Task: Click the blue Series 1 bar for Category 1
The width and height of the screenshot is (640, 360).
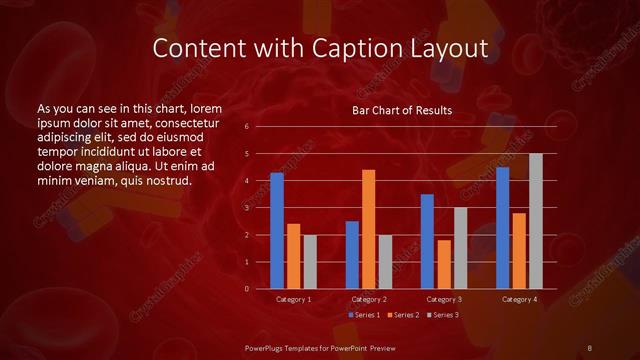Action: (277, 231)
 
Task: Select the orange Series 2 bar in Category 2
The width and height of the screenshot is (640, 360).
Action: (368, 229)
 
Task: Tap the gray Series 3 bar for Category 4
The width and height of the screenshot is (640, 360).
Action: (535, 221)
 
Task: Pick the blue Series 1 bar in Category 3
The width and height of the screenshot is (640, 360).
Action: (427, 241)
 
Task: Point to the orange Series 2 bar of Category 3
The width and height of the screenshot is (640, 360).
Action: (443, 264)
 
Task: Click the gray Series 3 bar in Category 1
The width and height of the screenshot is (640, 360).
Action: (309, 261)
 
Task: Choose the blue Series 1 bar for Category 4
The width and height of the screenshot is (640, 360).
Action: (503, 228)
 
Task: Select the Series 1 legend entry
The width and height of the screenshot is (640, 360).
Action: (364, 315)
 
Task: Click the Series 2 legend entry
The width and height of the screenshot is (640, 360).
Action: (402, 315)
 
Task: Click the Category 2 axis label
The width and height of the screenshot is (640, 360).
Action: (368, 299)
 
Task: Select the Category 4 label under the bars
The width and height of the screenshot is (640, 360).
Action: (519, 299)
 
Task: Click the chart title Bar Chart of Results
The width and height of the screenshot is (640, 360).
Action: (402, 110)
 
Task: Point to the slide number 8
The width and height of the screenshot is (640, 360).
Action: (590, 347)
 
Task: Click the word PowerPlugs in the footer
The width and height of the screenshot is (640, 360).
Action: (268, 347)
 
